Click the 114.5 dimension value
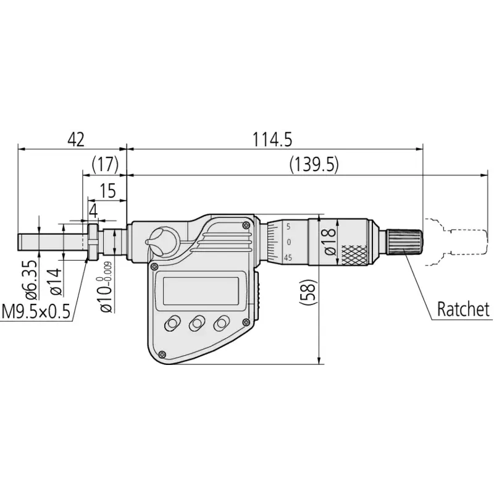tap(272, 140)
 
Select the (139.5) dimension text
tap(314, 165)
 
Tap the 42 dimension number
tap(76, 140)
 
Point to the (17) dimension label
tap(105, 164)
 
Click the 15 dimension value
tap(107, 191)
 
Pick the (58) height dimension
tap(307, 292)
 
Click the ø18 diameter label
tap(330, 241)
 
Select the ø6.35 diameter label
tap(31, 280)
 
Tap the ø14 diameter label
tap(56, 282)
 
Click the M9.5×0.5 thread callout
tap(36, 312)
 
